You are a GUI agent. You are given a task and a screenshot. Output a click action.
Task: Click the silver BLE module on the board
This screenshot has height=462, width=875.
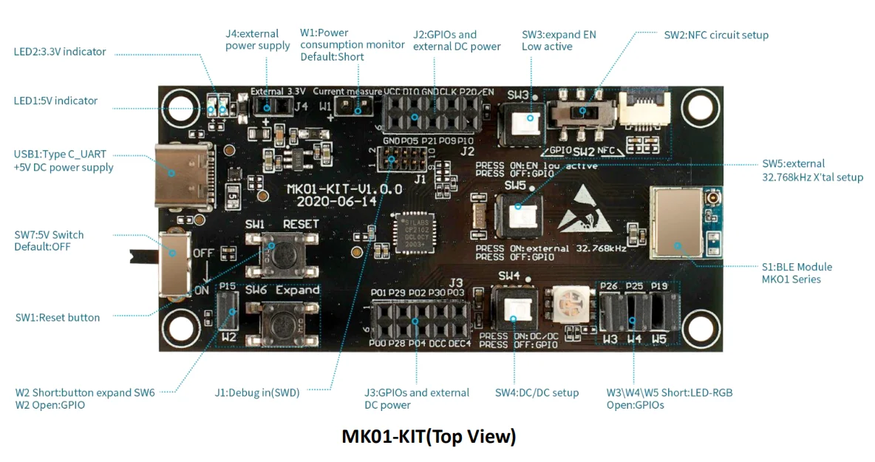click(675, 222)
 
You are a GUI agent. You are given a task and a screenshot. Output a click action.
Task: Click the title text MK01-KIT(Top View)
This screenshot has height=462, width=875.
click(429, 437)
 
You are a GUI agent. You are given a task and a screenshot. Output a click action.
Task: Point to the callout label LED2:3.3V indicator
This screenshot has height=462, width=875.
click(60, 52)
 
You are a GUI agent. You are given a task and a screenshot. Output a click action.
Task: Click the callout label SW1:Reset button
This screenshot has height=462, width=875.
click(58, 317)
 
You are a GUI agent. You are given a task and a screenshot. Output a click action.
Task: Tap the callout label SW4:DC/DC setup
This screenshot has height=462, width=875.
click(537, 393)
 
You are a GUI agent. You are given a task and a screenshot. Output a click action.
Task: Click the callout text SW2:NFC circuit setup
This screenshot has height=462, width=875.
click(716, 35)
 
